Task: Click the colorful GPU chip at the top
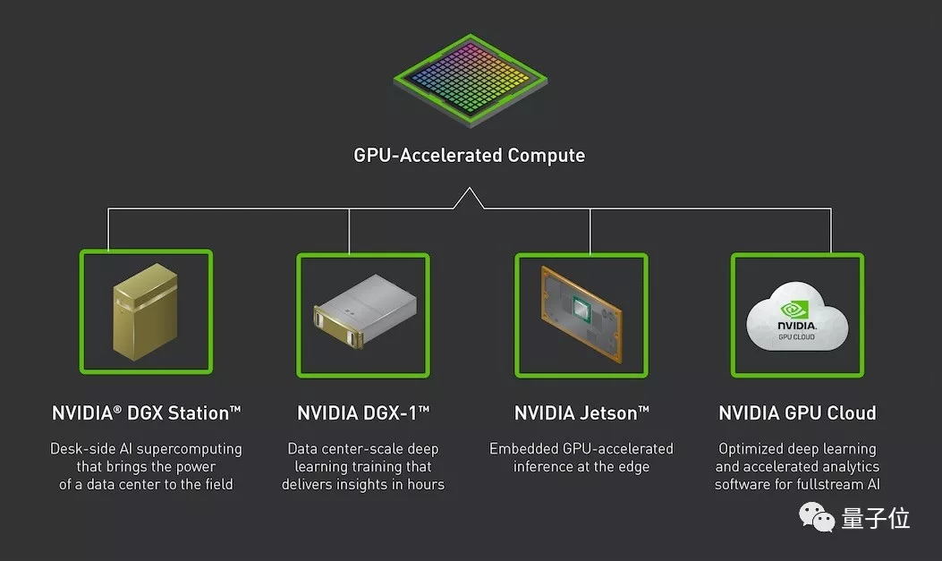[x=470, y=80]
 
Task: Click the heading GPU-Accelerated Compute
[x=470, y=155]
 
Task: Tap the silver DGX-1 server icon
[x=363, y=314]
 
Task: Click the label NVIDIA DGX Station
[x=147, y=412]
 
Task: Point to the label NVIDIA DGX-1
[x=363, y=412]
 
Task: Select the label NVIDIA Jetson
[x=581, y=412]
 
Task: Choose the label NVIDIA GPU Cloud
[x=797, y=412]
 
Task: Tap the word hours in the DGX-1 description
[x=425, y=484]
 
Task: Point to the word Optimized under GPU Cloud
[x=750, y=448]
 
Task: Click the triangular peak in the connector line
[x=469, y=196]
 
